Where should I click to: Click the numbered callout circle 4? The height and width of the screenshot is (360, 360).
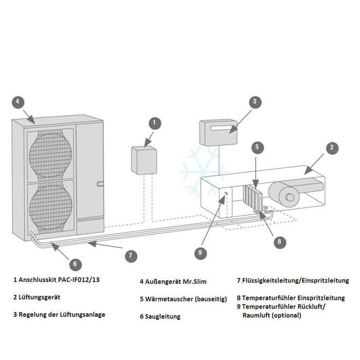[x=18, y=102]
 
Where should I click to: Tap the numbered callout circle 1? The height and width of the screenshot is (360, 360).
[x=155, y=123]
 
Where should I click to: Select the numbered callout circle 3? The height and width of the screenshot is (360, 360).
[x=254, y=102]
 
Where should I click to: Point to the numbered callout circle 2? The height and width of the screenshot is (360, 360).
[x=333, y=148]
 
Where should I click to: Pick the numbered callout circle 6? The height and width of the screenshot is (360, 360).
[x=75, y=264]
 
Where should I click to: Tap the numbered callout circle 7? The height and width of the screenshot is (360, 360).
[x=131, y=254]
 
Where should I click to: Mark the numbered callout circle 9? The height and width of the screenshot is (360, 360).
[x=201, y=252]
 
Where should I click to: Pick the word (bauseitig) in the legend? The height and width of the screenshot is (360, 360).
[x=208, y=299]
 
